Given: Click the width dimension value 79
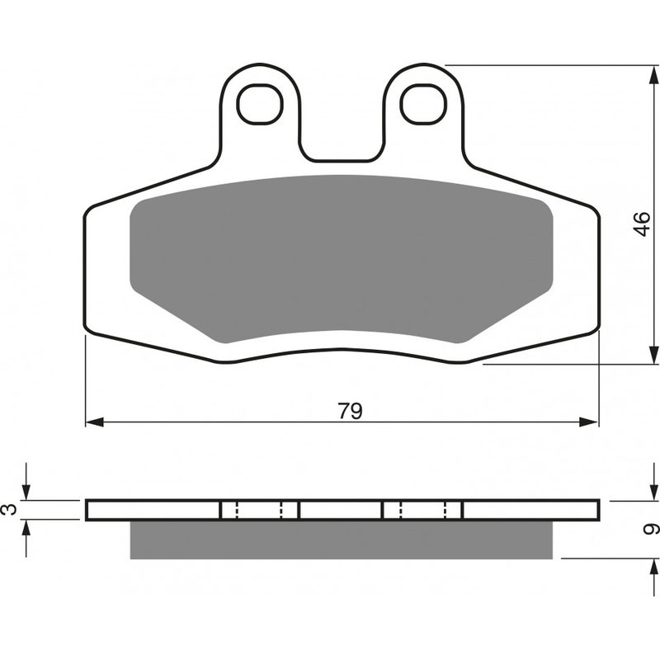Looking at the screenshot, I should tap(350, 410).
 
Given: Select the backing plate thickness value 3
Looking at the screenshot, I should tap(9, 510).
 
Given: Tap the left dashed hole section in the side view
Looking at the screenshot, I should tap(259, 510).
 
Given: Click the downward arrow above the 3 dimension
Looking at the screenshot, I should tap(28, 491).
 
